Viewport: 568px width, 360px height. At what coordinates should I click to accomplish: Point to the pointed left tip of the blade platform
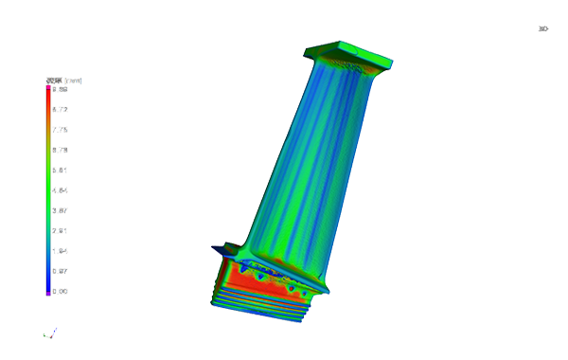point(225,248)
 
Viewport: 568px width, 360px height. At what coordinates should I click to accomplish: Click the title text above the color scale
point(59,81)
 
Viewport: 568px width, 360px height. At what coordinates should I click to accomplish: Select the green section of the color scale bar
point(48,189)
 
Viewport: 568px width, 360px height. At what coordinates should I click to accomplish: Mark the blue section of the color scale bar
point(48,270)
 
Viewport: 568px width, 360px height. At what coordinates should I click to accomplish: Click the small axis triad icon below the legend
point(48,330)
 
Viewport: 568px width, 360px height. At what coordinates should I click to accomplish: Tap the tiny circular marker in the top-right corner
point(543,29)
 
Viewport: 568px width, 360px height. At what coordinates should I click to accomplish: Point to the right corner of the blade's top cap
point(389,63)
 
